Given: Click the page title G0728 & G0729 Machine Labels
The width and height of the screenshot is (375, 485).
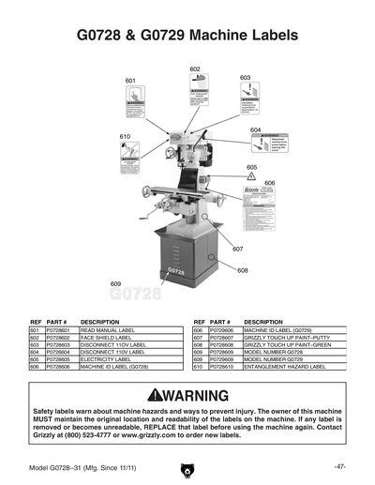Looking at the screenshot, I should (x=187, y=35).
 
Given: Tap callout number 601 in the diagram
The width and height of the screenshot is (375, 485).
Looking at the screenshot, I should (x=130, y=82).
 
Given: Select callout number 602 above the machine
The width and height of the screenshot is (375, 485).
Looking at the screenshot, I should (x=195, y=69).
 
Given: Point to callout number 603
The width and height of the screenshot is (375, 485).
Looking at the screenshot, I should (x=245, y=78).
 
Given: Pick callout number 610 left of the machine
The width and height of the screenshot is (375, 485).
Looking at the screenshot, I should (x=125, y=137).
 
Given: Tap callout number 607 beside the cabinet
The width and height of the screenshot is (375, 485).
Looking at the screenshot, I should (x=237, y=249).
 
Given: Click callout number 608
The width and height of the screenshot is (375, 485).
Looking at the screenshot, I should (x=242, y=270).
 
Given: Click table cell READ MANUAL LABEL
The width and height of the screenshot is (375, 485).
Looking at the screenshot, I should (x=108, y=331).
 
